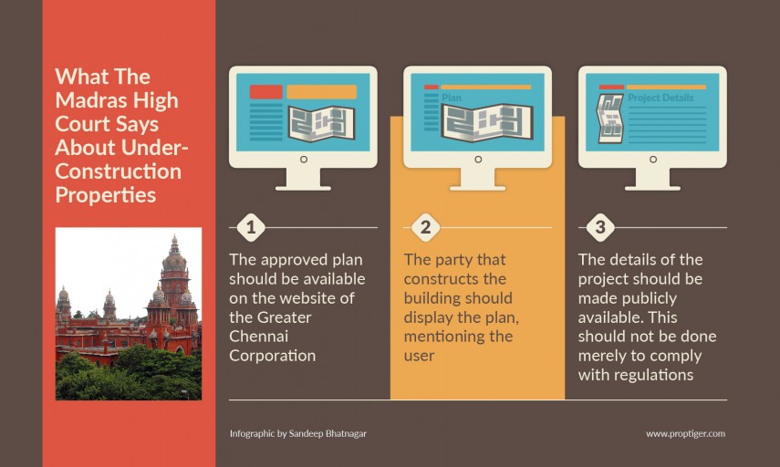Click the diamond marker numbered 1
click(x=251, y=227)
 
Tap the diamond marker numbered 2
click(x=425, y=227)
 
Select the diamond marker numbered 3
click(x=600, y=227)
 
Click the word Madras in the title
click(x=89, y=100)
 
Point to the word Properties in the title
click(x=106, y=195)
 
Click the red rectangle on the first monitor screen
click(x=266, y=92)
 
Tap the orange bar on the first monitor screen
click(x=322, y=92)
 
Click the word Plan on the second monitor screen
click(x=452, y=98)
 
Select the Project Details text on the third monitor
click(x=660, y=98)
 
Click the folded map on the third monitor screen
click(x=610, y=119)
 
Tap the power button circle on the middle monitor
click(x=478, y=159)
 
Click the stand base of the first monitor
click(x=304, y=188)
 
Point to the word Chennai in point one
click(x=259, y=337)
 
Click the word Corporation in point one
click(x=273, y=356)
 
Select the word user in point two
click(x=419, y=356)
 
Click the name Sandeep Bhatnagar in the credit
click(x=328, y=433)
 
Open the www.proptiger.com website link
click(x=685, y=433)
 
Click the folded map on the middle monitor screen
click(x=487, y=123)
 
